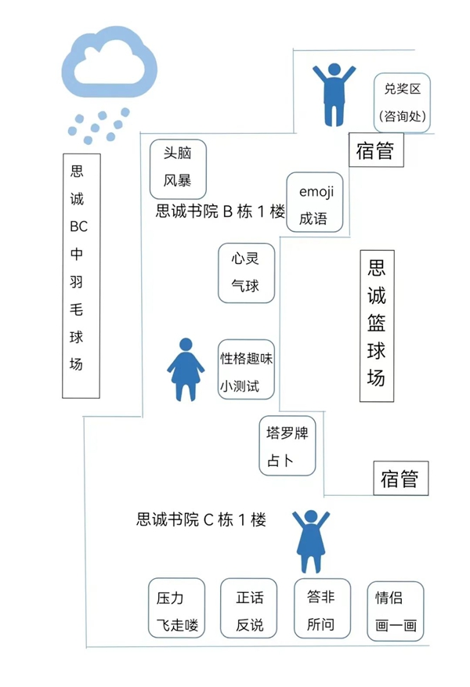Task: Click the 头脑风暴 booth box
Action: pos(178,168)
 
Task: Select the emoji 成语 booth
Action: pos(315,202)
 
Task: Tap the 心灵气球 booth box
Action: pos(245,272)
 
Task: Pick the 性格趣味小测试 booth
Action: pos(246,368)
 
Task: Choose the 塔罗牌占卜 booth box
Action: pos(287,446)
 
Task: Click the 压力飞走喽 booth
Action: pos(176,608)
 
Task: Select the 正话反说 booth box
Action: pos(249,608)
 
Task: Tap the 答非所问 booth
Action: pos(320,608)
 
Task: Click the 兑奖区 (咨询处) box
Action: pos(402,103)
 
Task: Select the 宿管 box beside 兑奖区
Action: pos(375,150)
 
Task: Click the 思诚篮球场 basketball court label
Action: pos(377,326)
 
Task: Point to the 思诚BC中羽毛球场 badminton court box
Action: pos(81,275)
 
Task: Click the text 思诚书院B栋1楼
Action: pos(220,212)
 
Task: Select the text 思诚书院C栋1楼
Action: pos(201,519)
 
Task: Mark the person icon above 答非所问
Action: pos(311,541)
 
